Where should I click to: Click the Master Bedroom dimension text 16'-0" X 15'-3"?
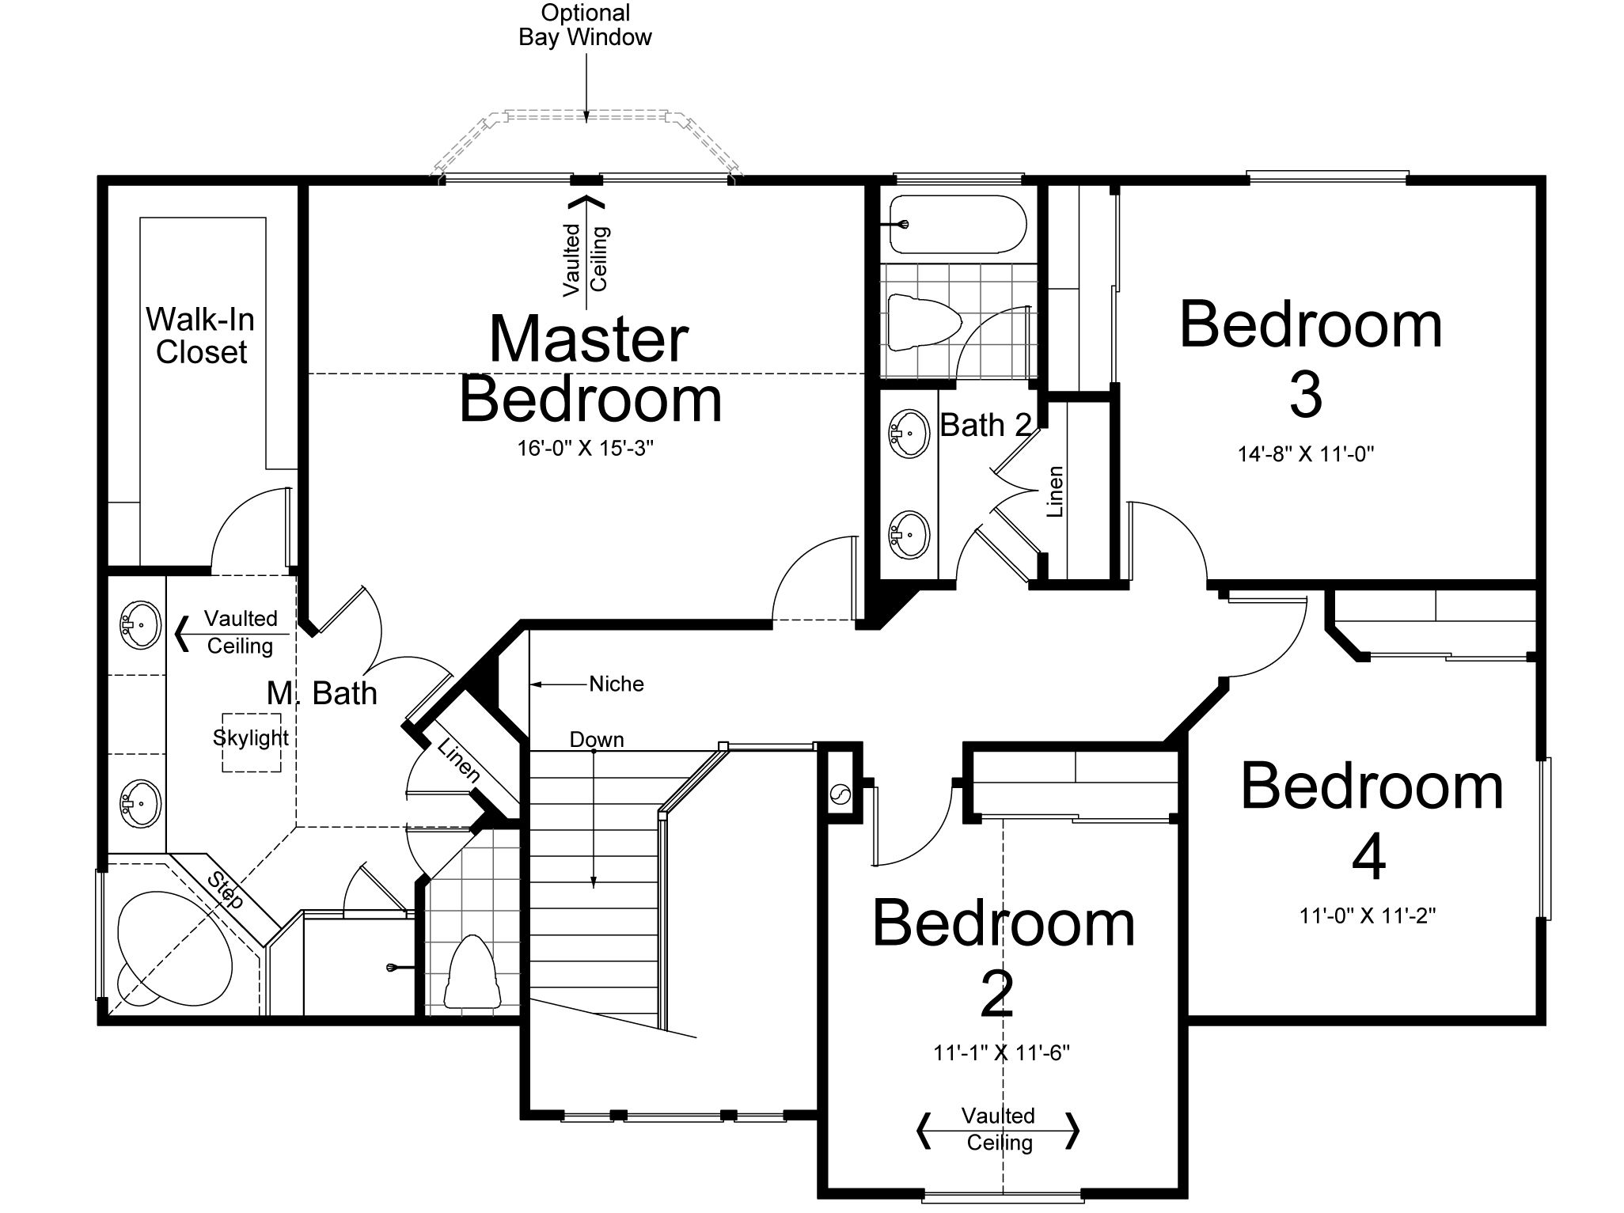click(x=586, y=449)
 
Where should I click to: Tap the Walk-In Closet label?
click(x=201, y=335)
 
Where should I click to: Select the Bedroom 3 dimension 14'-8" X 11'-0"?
click(x=1306, y=454)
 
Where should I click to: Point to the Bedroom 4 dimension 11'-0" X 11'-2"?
click(x=1368, y=915)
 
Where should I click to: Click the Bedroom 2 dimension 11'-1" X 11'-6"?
click(x=1001, y=1053)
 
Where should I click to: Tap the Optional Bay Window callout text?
click(x=586, y=25)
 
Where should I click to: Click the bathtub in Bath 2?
click(x=958, y=225)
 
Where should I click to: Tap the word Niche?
click(x=617, y=684)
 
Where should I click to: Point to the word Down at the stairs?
click(x=597, y=740)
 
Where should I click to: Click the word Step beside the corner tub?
click(x=226, y=889)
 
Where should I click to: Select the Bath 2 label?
click(x=986, y=426)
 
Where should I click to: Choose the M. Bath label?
click(x=321, y=693)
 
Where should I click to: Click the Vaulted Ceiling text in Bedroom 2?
click(x=999, y=1129)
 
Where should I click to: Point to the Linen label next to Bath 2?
click(x=1055, y=491)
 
